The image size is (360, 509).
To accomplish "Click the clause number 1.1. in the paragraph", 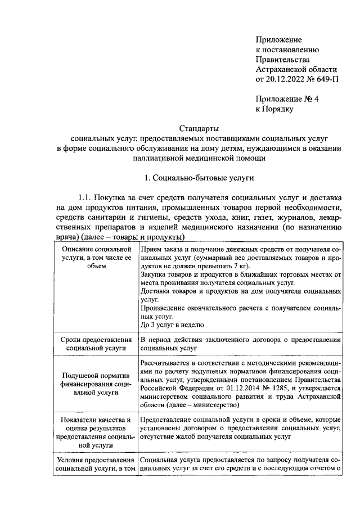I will pyautogui.click(x=89, y=198).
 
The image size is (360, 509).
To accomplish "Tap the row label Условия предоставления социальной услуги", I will pyautogui.click(x=97, y=463).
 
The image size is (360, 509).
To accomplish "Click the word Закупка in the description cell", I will pyautogui.click(x=154, y=276).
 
